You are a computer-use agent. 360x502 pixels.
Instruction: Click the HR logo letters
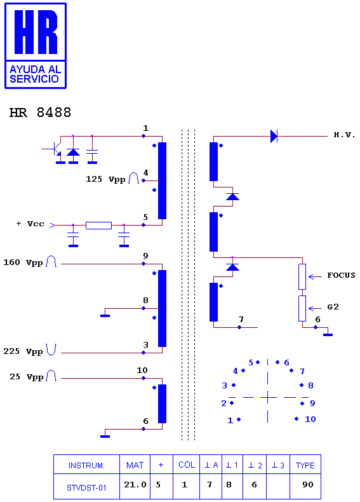tap(36, 32)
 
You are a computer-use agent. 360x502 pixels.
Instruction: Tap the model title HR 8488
tap(41, 112)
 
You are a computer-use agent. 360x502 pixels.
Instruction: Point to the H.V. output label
tap(344, 135)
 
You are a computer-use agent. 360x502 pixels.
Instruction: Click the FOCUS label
tap(341, 275)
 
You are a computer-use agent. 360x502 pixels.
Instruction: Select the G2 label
tap(333, 307)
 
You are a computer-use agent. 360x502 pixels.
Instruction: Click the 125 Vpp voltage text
tap(105, 179)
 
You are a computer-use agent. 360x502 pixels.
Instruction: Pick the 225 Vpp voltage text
tap(23, 351)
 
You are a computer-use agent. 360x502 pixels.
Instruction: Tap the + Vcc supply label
tap(30, 224)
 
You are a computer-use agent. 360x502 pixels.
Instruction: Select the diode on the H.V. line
tap(274, 136)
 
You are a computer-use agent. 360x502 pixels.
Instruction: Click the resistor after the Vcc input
tap(98, 226)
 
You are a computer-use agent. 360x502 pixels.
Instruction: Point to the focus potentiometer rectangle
tap(302, 276)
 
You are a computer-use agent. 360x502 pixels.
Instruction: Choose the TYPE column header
tap(305, 465)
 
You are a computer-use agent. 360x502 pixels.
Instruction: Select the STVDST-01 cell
tap(86, 487)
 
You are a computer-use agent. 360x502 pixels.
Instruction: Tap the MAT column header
tap(135, 465)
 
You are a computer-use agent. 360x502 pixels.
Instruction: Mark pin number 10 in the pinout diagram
tap(310, 419)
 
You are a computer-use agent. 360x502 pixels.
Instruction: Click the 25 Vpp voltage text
tap(26, 377)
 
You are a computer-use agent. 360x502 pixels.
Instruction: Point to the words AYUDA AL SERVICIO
tap(35, 74)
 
